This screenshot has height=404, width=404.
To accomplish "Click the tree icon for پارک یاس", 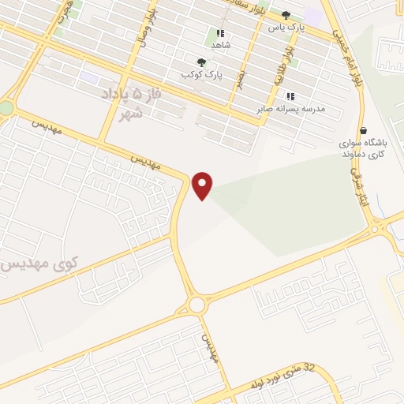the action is pyautogui.click(x=286, y=14).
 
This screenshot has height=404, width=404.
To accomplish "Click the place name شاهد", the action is pyautogui.click(x=220, y=45).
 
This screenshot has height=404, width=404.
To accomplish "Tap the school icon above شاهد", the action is pyautogui.click(x=220, y=34).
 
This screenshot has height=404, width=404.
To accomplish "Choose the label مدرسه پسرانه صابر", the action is pyautogui.click(x=290, y=108).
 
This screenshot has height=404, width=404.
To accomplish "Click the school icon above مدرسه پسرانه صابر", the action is pyautogui.click(x=290, y=96).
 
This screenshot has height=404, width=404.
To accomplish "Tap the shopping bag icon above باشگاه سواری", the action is pyautogui.click(x=362, y=130).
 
